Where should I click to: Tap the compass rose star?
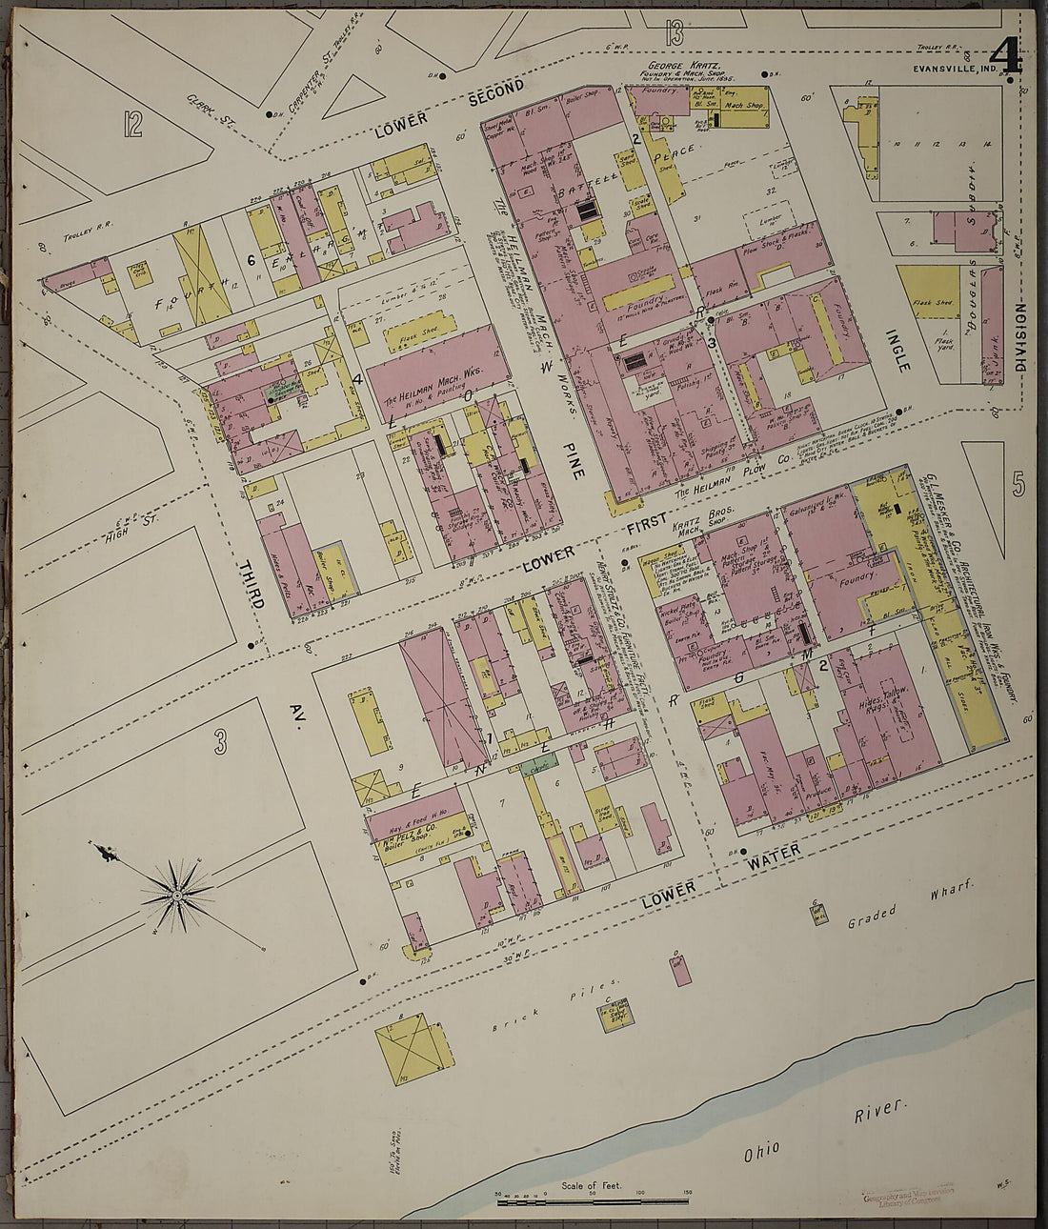(177, 897)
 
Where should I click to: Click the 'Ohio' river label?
(760, 1150)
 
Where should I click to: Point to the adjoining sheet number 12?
(132, 124)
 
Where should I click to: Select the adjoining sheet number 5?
(1018, 485)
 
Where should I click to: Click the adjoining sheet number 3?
(221, 740)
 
